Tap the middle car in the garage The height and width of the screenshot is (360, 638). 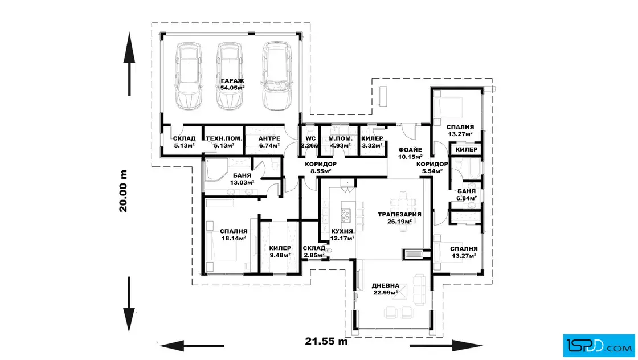pyautogui.click(x=230, y=76)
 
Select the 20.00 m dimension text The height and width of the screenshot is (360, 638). pyautogui.click(x=123, y=191)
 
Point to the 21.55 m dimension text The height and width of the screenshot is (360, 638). pyautogui.click(x=326, y=341)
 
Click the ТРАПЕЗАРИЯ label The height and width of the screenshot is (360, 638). pyautogui.click(x=399, y=214)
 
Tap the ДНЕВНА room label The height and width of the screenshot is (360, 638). pyautogui.click(x=385, y=285)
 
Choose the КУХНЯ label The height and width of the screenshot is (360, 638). pyautogui.click(x=342, y=231)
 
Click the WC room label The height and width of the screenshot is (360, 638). pyautogui.click(x=310, y=138)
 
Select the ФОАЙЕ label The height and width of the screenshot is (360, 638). pyautogui.click(x=410, y=150)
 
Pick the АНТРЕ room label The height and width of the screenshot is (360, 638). pyautogui.click(x=269, y=138)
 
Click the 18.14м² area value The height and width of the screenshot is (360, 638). pyautogui.click(x=234, y=238)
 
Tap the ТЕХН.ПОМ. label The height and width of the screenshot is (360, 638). pyautogui.click(x=224, y=138)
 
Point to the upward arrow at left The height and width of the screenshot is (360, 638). pyautogui.click(x=129, y=64)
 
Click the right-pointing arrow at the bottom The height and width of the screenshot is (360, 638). pyautogui.click(x=447, y=346)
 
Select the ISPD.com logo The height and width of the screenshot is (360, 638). pyautogui.click(x=599, y=345)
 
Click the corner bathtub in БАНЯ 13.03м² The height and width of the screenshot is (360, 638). pyautogui.click(x=216, y=170)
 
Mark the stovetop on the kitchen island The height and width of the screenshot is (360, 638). pyautogui.click(x=345, y=215)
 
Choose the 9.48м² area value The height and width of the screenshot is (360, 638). pyautogui.click(x=280, y=255)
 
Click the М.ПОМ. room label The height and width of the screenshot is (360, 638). pyautogui.click(x=340, y=138)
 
